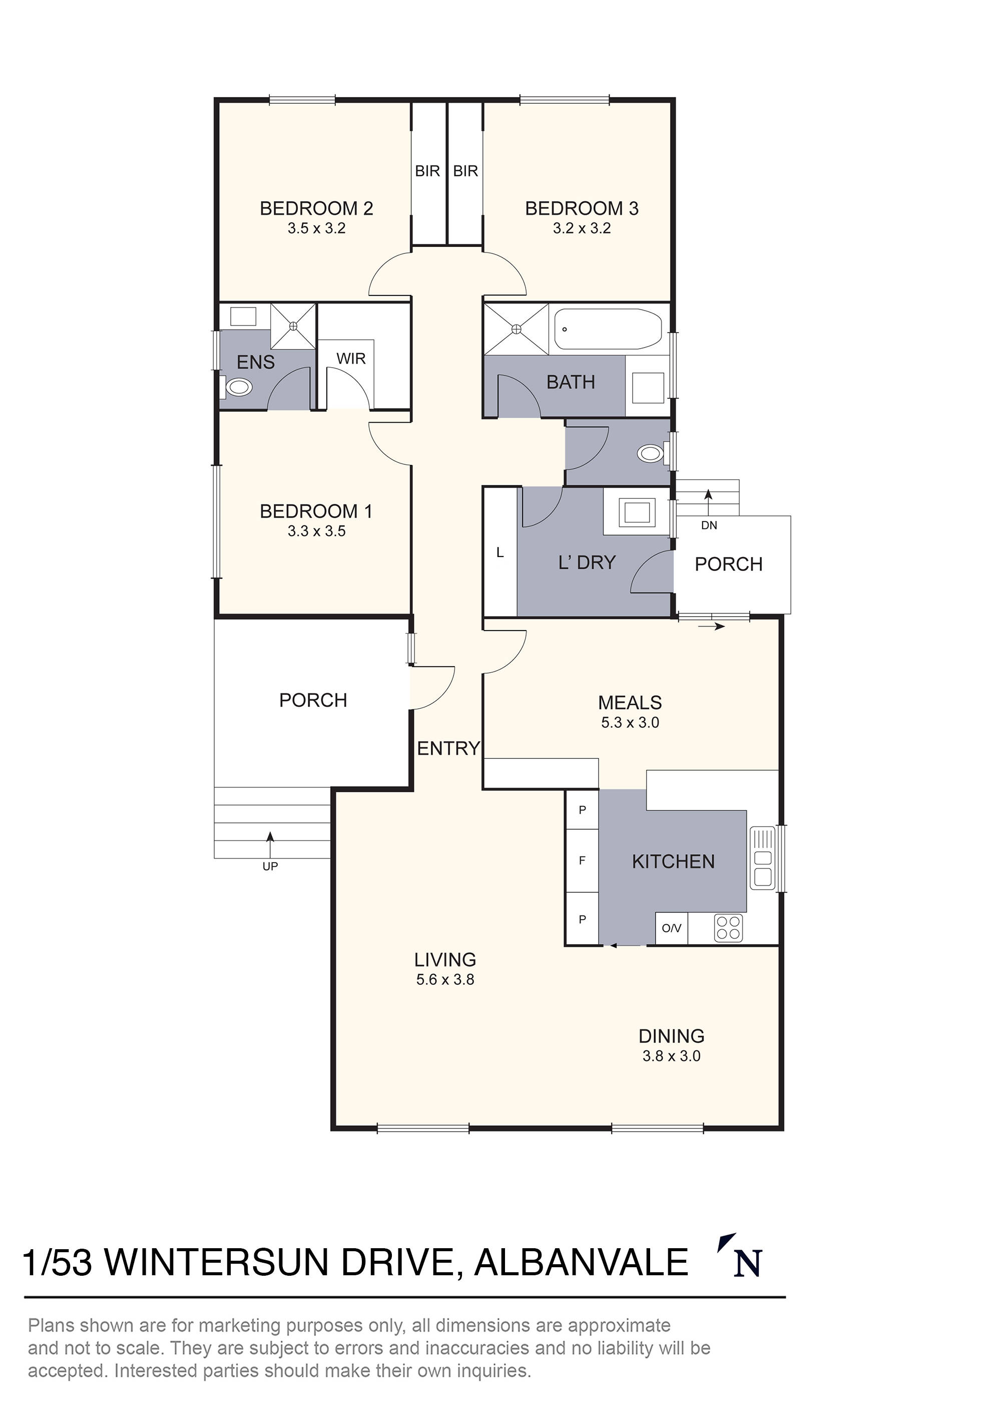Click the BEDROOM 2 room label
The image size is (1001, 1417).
[316, 208]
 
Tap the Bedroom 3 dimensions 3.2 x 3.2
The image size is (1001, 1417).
[582, 228]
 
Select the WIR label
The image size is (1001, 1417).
[351, 359]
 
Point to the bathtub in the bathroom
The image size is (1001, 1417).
[608, 329]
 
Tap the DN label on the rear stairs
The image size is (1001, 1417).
[709, 525]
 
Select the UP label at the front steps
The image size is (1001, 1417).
[270, 867]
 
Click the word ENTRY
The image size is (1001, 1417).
[448, 749]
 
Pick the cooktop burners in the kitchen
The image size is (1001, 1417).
[728, 927]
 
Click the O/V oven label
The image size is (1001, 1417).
[672, 928]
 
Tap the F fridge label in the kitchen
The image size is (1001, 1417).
[582, 861]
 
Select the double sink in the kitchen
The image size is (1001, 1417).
[763, 858]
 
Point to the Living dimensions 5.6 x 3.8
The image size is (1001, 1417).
[445, 979]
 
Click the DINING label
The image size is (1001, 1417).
[672, 1036]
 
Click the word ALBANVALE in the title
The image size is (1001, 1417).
[581, 1262]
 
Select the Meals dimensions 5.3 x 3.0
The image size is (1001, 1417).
[630, 723]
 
